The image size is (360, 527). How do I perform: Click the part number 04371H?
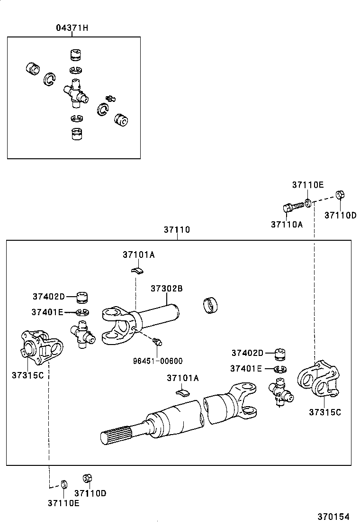[x=72, y=28]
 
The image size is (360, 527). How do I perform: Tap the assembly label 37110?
[x=177, y=230]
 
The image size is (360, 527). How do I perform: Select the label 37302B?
[x=167, y=289]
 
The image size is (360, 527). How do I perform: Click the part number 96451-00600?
[x=158, y=361]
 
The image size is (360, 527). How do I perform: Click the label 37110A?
[x=287, y=224]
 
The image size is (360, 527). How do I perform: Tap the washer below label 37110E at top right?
[x=308, y=203]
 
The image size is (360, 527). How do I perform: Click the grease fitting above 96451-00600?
[x=158, y=340]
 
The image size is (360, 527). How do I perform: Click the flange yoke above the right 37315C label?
[x=319, y=379]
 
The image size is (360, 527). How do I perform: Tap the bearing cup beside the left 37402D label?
[x=84, y=298]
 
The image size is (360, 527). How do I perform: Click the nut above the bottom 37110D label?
[x=87, y=477]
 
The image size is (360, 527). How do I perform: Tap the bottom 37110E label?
[x=63, y=503]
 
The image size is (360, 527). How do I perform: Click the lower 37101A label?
[x=182, y=378]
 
